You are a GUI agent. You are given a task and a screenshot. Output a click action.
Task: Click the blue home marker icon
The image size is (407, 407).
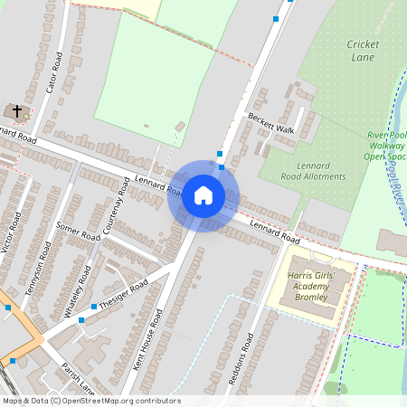203,195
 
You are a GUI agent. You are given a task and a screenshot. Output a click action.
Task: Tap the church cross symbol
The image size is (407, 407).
15,110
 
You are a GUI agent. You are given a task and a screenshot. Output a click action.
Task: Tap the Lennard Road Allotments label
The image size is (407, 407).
313,171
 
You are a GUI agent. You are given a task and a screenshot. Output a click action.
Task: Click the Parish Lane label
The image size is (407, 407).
79,378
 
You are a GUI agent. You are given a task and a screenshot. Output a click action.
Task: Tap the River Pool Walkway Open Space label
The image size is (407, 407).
386,146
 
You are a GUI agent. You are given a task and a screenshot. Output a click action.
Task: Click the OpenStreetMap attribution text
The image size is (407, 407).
90,401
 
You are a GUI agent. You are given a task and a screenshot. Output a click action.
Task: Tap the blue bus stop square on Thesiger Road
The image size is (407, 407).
81,319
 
